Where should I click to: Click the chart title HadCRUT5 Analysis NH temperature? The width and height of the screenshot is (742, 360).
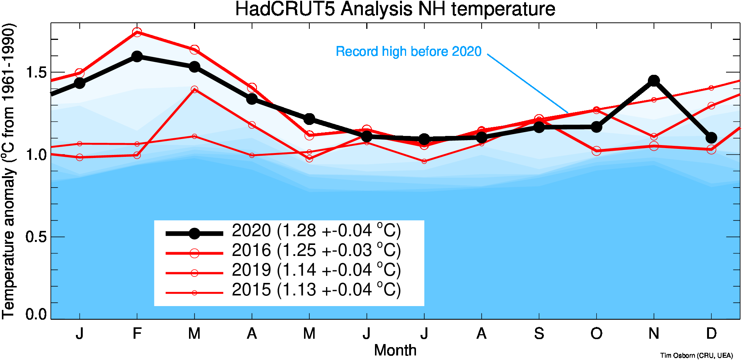395,9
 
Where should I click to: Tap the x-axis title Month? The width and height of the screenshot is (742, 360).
395,350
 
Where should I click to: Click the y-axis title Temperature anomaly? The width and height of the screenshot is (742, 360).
9,171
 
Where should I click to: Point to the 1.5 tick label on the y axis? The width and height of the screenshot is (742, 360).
36,73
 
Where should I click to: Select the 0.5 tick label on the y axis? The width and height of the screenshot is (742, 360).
36,237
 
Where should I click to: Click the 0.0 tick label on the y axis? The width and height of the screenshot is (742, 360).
36,314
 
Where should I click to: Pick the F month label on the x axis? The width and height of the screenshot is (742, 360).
137,334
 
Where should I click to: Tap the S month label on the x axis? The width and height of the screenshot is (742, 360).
539,334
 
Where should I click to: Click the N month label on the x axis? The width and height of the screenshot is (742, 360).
654,334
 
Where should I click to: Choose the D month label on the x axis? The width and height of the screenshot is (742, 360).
711,334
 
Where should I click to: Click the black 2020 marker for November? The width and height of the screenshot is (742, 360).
654,81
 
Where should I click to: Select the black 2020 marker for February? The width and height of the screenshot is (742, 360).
137,57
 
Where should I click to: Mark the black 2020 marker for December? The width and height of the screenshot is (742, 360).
711,137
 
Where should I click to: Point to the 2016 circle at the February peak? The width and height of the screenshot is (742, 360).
137,32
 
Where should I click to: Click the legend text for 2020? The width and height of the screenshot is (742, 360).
316,231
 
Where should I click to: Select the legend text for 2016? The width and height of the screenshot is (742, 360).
316,251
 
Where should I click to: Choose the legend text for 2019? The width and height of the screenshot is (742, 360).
316,270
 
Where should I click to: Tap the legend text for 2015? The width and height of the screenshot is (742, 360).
316,290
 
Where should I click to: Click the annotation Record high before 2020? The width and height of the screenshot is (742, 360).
408,52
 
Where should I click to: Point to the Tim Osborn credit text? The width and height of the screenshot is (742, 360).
696,355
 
